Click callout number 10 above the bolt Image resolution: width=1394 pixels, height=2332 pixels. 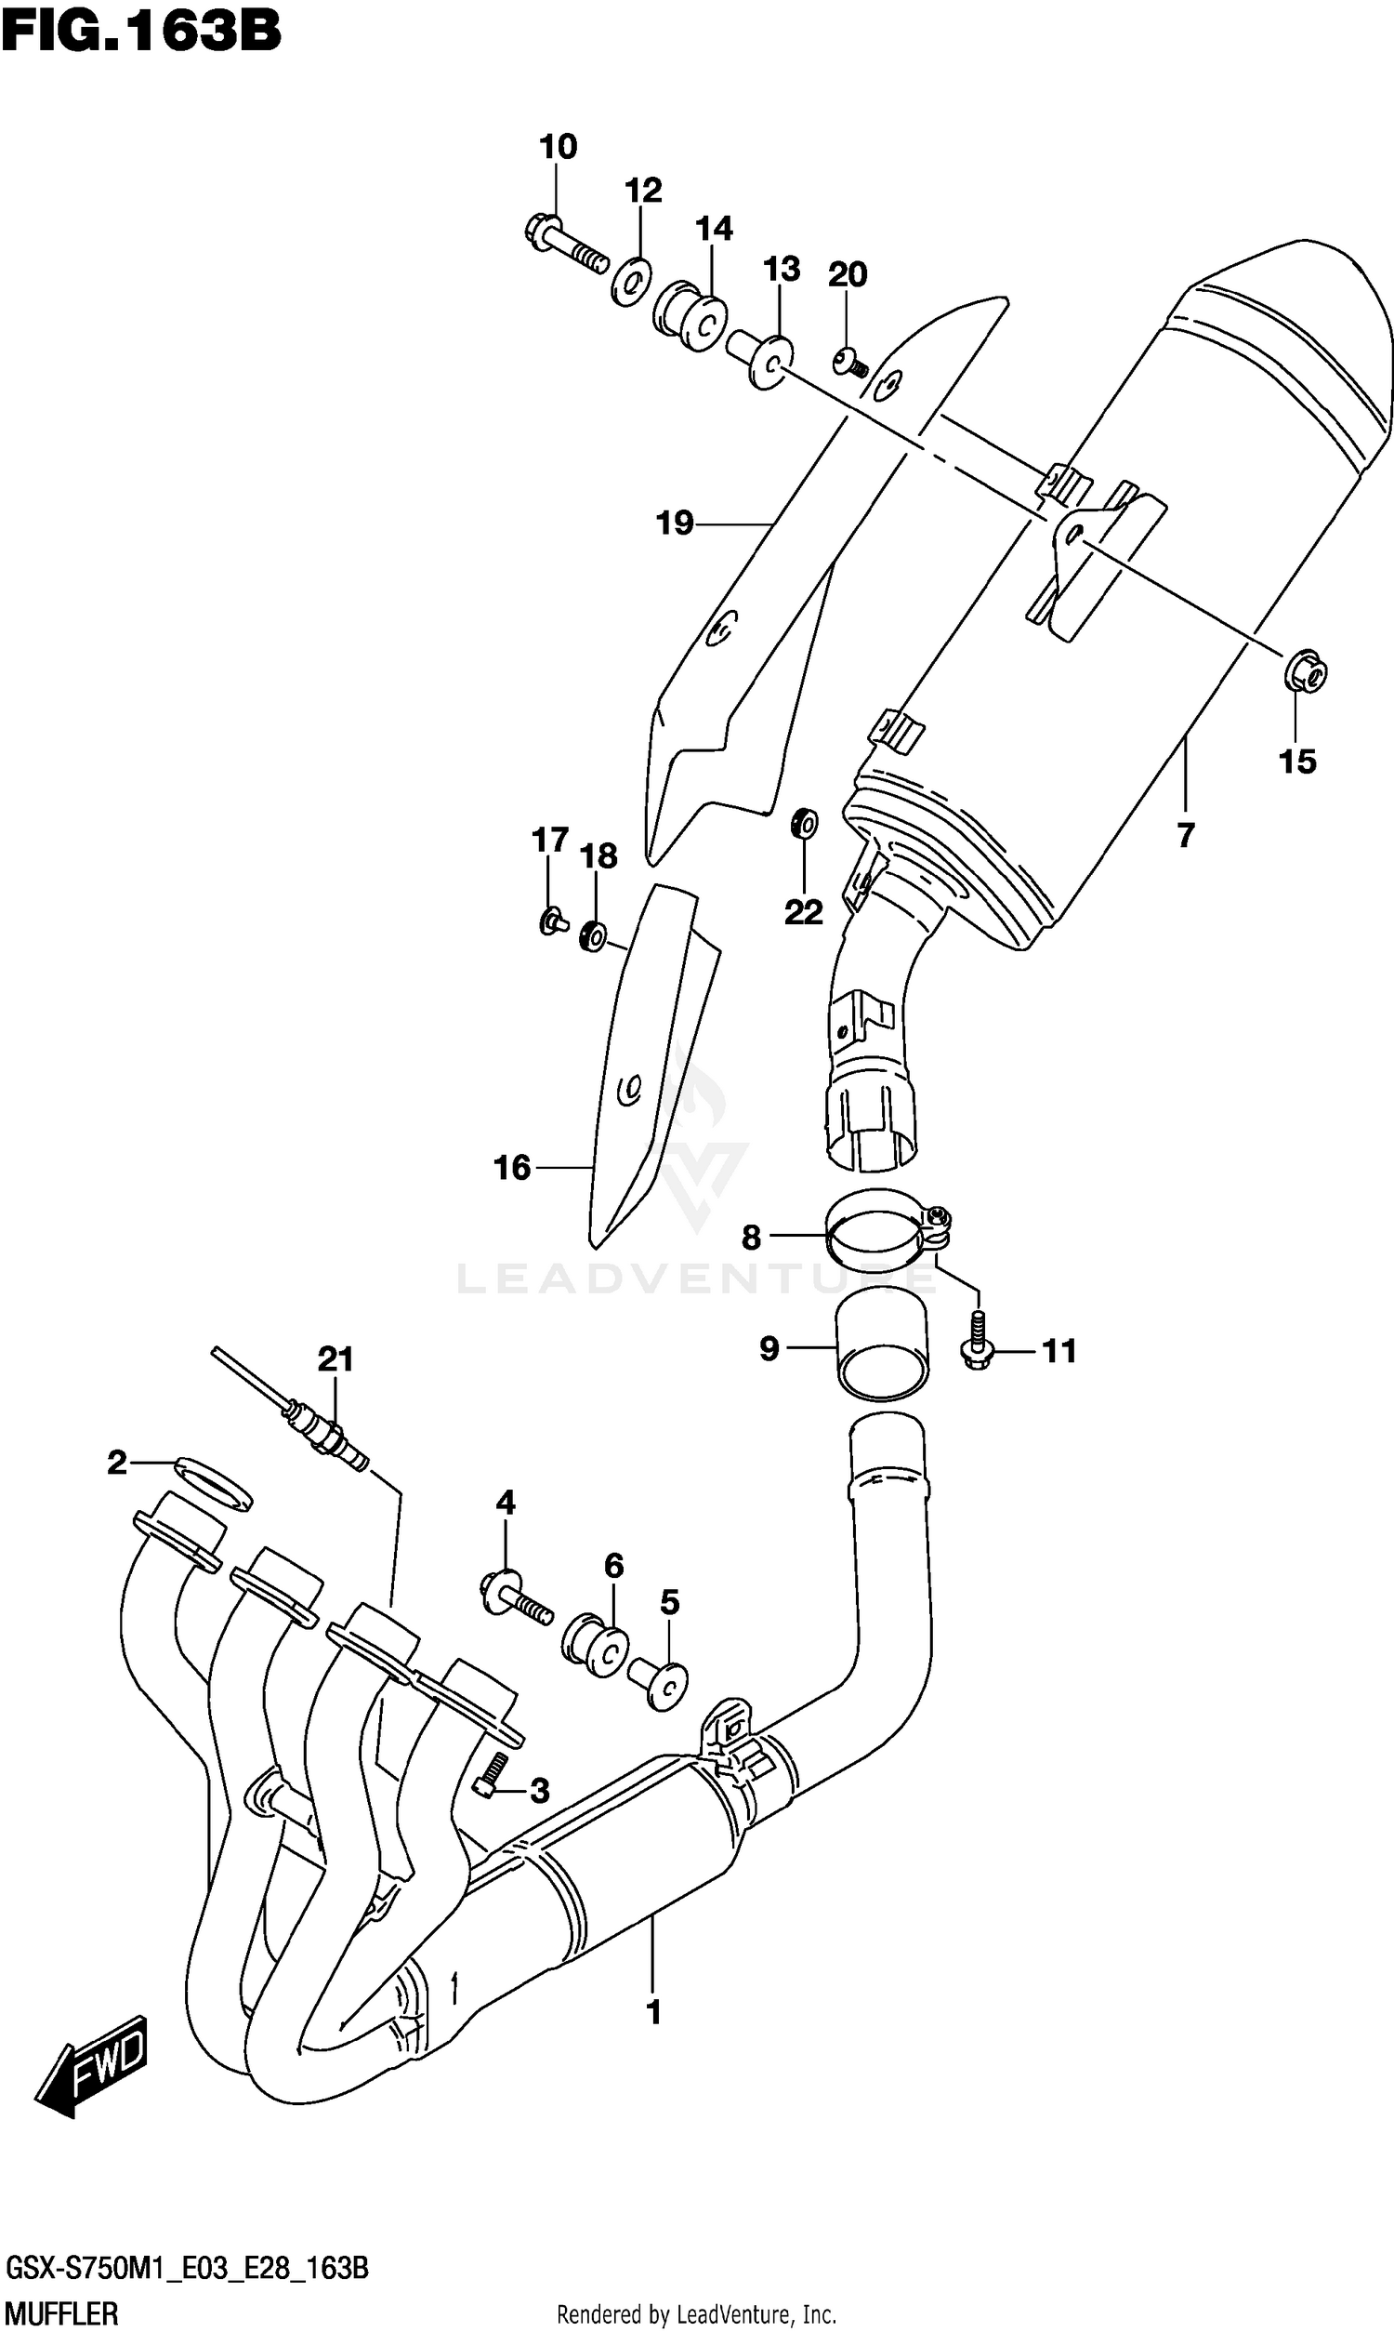point(558,147)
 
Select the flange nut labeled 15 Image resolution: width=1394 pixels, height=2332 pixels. point(1304,670)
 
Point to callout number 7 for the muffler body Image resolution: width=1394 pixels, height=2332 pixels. point(1186,834)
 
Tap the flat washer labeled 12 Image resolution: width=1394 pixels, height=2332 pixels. point(632,279)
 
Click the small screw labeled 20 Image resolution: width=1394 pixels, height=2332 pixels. point(851,361)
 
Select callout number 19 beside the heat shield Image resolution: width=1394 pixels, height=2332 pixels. point(675,523)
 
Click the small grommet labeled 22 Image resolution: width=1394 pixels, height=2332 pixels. point(805,824)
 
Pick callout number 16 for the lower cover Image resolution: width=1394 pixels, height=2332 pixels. point(512,1167)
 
